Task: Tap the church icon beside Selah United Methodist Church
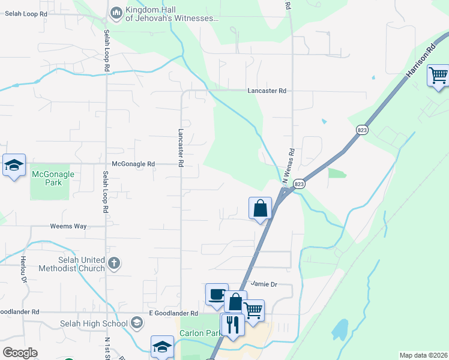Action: pos(113,263)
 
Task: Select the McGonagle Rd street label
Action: pos(133,164)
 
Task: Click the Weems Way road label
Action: pos(68,226)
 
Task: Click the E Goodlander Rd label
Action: pos(173,313)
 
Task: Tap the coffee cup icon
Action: pos(217,294)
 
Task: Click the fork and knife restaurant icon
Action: pos(232,324)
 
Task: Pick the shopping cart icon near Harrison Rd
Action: pos(438,76)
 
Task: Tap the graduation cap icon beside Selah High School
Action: pos(137,324)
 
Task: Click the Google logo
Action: pos(20,353)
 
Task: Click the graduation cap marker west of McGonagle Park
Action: pos(13,165)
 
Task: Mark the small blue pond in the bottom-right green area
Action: pos(340,329)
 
